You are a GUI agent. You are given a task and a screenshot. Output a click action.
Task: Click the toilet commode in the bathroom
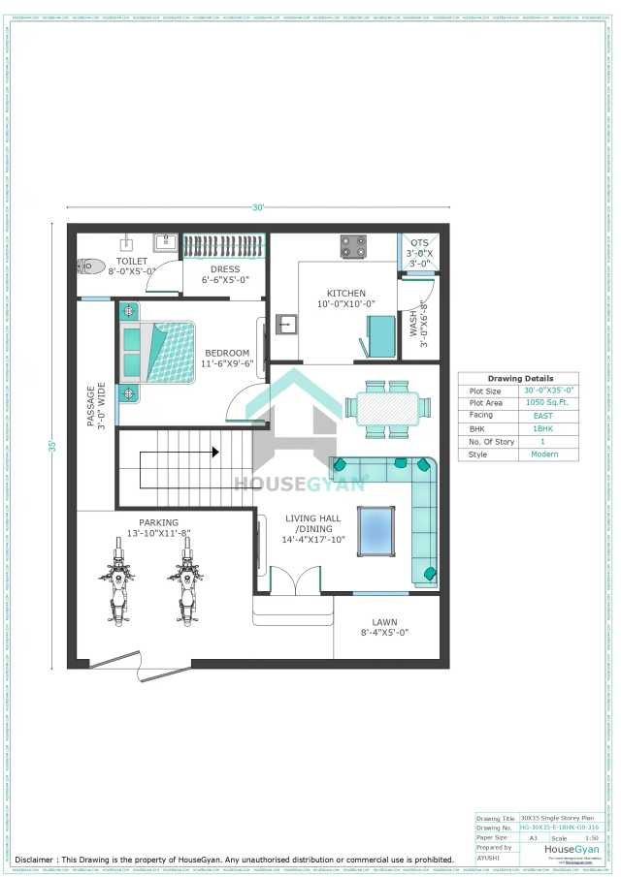[x=90, y=265]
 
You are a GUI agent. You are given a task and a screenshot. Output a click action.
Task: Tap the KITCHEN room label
[x=345, y=293]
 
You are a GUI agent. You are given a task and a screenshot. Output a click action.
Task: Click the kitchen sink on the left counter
[x=285, y=323]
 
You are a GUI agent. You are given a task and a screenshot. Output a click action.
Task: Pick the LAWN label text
[x=384, y=622]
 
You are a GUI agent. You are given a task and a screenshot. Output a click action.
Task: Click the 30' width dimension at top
[x=258, y=207]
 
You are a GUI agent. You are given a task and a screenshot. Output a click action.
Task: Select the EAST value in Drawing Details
[x=542, y=414]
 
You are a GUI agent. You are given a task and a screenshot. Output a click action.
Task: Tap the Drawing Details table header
[x=519, y=378]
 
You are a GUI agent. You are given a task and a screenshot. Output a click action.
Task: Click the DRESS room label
[x=224, y=270]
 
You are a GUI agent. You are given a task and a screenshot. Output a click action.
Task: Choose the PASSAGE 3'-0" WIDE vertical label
[x=95, y=406]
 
